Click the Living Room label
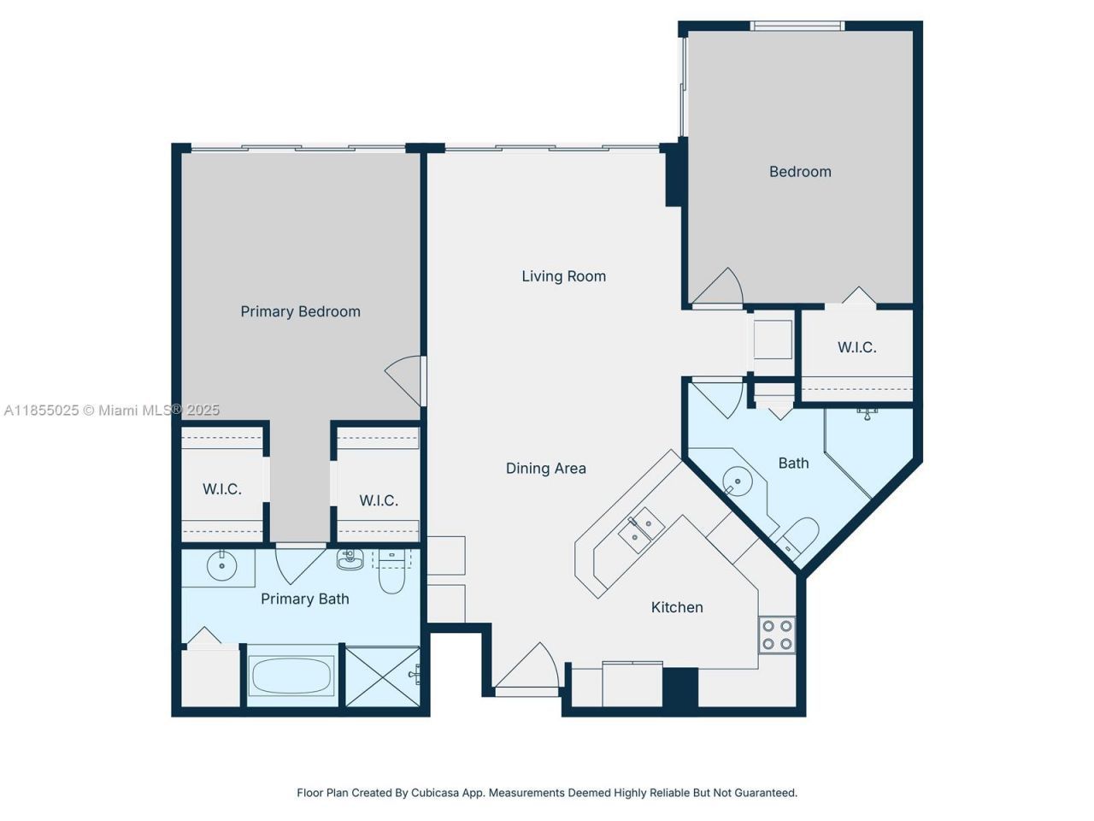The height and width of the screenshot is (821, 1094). (563, 276)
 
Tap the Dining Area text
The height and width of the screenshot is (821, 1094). (545, 468)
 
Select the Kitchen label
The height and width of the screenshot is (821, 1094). (676, 607)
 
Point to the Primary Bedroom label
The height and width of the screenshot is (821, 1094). (300, 311)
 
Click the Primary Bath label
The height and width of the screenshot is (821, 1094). (304, 599)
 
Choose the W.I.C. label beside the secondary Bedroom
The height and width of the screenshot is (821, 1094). (856, 347)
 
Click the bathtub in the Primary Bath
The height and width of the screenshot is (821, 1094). (291, 676)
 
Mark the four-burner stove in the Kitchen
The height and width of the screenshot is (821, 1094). (777, 635)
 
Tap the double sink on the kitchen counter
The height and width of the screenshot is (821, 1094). (641, 527)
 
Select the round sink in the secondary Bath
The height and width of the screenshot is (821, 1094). (736, 481)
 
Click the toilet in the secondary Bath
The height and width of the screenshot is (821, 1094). (799, 535)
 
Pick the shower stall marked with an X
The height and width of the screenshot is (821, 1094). (382, 676)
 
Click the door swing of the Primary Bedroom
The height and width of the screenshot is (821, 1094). (405, 380)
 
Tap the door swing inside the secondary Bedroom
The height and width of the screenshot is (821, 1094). (718, 288)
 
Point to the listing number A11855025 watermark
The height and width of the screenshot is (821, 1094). (42, 410)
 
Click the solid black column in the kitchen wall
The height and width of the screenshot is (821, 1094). (680, 688)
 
